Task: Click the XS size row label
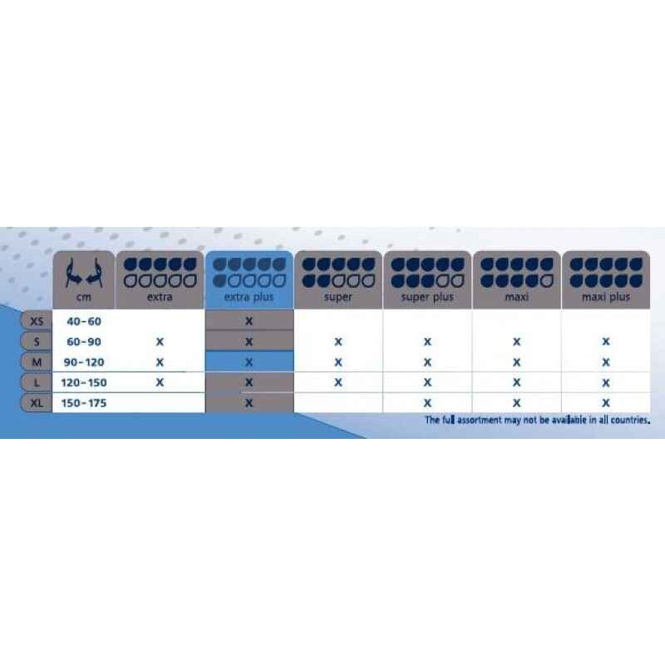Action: click(x=37, y=321)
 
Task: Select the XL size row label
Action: click(x=37, y=403)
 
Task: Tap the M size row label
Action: click(x=37, y=362)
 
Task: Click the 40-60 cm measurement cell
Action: click(x=84, y=321)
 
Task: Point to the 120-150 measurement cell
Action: click(x=84, y=382)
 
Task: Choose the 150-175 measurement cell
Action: click(x=84, y=403)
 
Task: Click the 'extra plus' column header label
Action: click(x=249, y=297)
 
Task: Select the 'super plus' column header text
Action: click(x=427, y=297)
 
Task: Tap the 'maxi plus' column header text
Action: click(x=606, y=297)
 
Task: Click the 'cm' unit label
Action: click(x=84, y=297)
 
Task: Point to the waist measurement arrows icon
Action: click(x=84, y=273)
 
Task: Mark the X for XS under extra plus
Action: click(x=249, y=321)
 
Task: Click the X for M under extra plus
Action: click(x=249, y=362)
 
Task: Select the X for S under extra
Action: click(x=160, y=342)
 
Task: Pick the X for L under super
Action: click(x=338, y=382)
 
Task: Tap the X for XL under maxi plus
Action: click(x=606, y=403)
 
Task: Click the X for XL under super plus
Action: click(x=427, y=403)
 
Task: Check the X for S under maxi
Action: click(x=516, y=342)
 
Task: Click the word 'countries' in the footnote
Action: click(x=630, y=421)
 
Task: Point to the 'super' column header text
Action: click(x=338, y=297)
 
